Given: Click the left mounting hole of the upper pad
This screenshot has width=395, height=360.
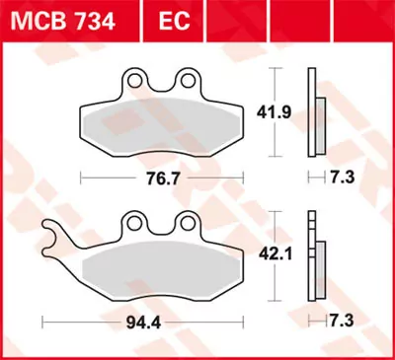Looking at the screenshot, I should (138, 77).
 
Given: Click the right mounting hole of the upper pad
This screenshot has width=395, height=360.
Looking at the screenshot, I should (188, 77).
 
